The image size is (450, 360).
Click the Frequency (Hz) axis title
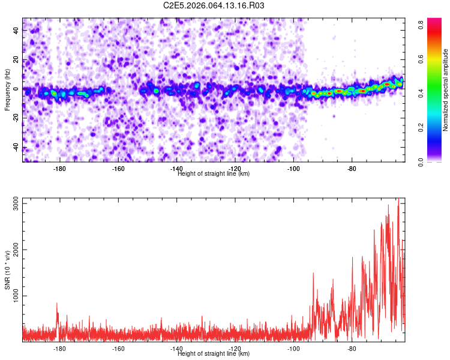[x=7, y=89]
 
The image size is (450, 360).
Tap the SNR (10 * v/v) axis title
[x=8, y=269]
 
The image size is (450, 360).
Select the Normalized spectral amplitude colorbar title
[x=445, y=90]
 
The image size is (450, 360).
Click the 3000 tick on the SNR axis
[x=14, y=203]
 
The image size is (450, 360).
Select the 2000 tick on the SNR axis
[x=14, y=250]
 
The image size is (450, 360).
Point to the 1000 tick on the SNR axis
[x=14, y=296]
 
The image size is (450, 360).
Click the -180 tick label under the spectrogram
[x=59, y=169]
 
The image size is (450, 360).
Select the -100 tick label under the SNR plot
[x=293, y=349]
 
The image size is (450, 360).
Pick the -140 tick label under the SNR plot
[x=176, y=349]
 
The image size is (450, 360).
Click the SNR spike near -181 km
[x=57, y=304]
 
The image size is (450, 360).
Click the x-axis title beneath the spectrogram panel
[x=214, y=174]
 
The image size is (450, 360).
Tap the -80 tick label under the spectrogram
[x=352, y=169]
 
